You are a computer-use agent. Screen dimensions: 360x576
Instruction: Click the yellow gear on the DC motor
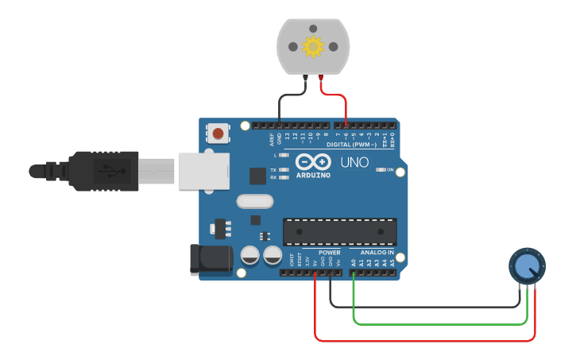pos(312,48)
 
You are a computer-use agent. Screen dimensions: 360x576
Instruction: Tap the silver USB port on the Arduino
pos(204,171)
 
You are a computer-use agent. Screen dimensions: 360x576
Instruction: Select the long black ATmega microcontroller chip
pos(340,230)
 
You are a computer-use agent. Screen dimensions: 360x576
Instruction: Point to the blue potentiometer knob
pos(527,267)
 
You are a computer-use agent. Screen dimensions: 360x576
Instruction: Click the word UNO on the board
pos(354,163)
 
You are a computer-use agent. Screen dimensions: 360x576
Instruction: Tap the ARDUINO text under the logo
pos(313,174)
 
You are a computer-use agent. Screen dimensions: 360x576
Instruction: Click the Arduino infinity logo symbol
pos(313,161)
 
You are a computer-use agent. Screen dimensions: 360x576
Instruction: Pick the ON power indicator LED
pos(381,169)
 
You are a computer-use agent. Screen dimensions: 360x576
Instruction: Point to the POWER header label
pos(329,252)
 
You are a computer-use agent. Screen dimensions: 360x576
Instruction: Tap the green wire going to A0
pos(437,323)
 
